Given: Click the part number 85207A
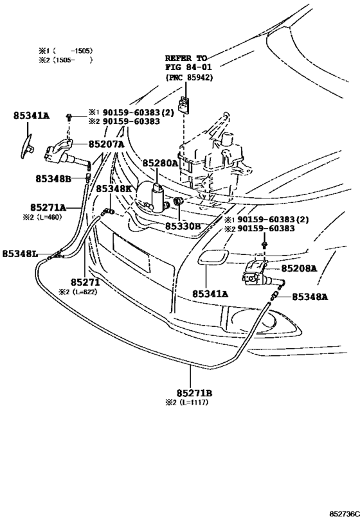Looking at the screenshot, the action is pos(107,145).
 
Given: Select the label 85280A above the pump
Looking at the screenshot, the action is pos(161,163).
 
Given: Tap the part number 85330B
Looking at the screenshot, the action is pos(183,227).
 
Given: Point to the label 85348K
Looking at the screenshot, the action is pos(114,189).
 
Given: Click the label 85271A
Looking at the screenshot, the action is pos(48,207).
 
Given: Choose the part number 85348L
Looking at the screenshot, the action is pos(20,254).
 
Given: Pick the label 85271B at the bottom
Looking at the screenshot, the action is pos(194,393).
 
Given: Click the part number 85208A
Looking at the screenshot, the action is pos(299,268).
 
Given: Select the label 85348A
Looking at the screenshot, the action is pos(310,297).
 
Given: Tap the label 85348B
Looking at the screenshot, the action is pos(53,179).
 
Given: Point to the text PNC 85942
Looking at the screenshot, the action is pos(189,77).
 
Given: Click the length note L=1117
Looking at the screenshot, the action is pos(194,402).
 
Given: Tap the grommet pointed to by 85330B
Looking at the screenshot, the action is pos(177,202).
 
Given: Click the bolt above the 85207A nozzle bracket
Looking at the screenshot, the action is pos(69,117).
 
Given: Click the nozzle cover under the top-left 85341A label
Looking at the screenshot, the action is pos(26,146).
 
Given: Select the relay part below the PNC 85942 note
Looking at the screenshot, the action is pos(184,104).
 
